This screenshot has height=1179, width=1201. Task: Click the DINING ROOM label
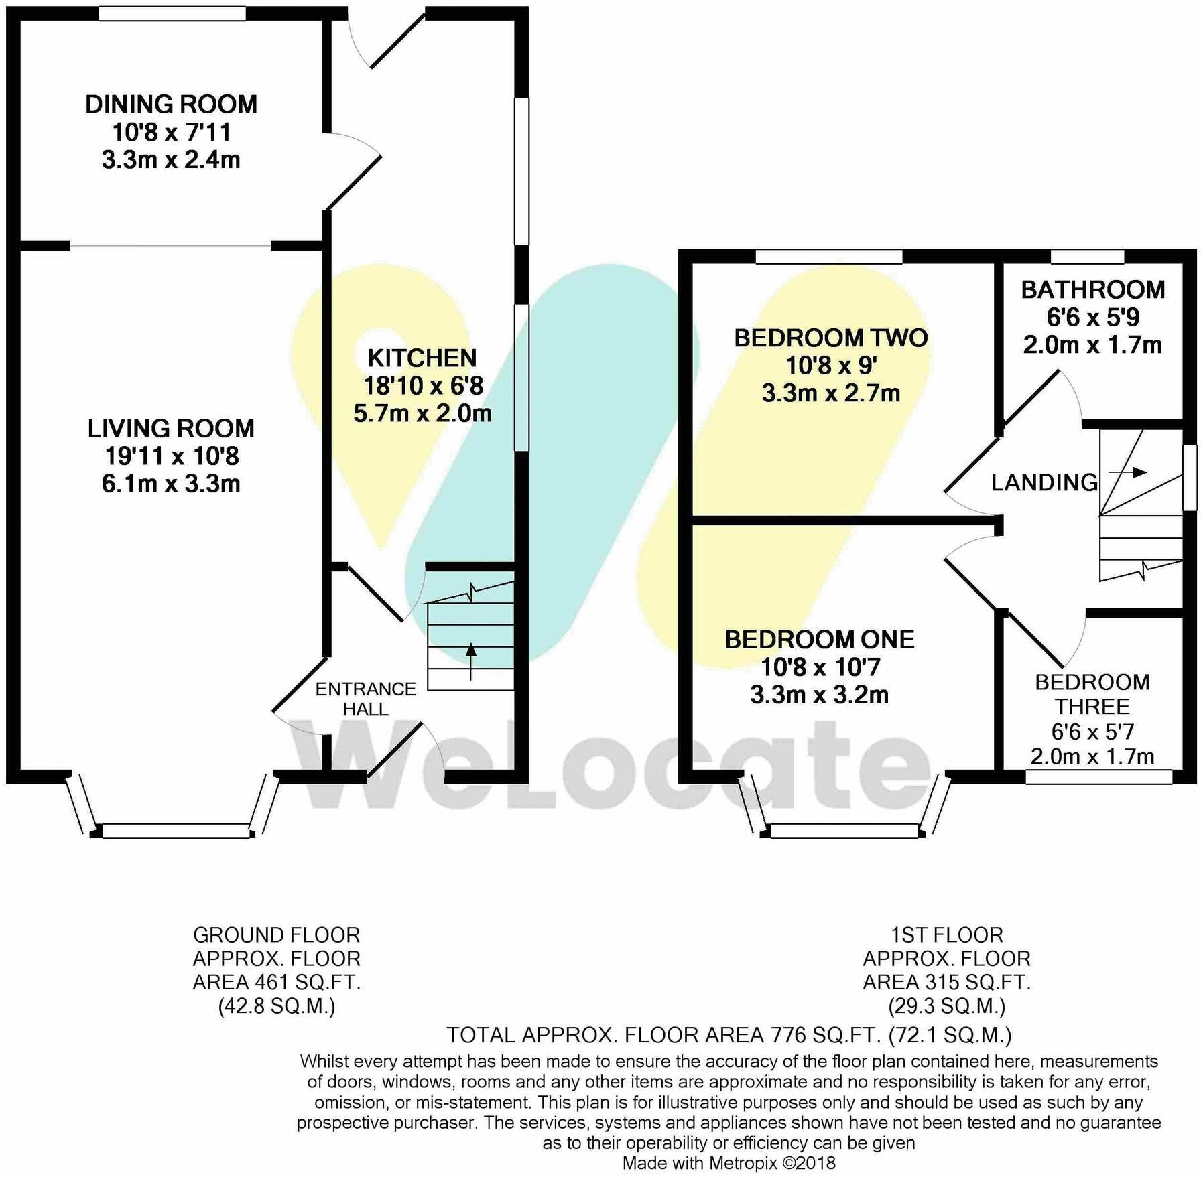[171, 105]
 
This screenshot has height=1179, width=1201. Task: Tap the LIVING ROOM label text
[171, 429]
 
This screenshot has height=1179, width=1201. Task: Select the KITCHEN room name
[422, 358]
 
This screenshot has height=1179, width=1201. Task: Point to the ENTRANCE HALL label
[365, 699]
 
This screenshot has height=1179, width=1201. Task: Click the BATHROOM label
[1093, 289]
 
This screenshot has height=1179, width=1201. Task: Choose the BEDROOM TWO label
[831, 338]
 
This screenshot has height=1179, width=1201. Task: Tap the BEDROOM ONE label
[820, 640]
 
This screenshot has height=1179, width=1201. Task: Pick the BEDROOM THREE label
[1092, 694]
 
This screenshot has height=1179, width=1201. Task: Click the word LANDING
[1044, 482]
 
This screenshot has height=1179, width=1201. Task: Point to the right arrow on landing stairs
[1128, 472]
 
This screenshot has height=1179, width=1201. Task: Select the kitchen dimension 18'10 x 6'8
[423, 386]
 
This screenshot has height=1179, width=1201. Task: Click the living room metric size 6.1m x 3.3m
[171, 484]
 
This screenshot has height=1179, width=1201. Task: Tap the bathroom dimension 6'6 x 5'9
[1092, 317]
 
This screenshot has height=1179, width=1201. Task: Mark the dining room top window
[172, 13]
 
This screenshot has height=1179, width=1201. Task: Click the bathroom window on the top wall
[1087, 257]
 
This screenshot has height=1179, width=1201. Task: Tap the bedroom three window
[1099, 776]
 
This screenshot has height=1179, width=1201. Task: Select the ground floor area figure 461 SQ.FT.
[308, 983]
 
